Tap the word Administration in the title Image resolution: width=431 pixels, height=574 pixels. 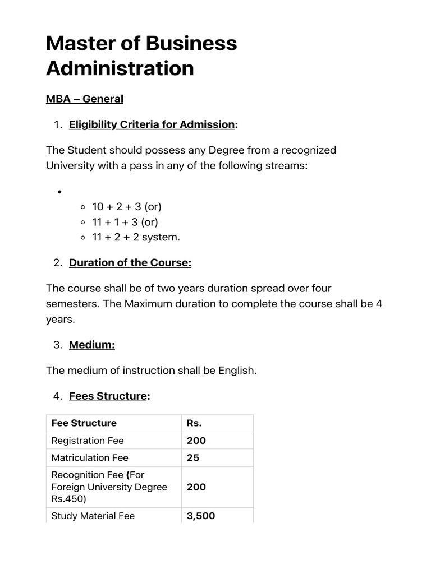tap(120, 68)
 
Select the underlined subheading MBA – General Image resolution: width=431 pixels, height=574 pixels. tap(84, 99)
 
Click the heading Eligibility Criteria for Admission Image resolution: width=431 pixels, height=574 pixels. tap(152, 124)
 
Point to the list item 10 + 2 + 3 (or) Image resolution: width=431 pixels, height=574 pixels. tap(127, 207)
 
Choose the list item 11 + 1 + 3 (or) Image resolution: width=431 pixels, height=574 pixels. tap(126, 222)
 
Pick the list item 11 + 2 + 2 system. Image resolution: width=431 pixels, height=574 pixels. tap(136, 237)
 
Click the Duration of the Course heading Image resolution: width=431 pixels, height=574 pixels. tap(130, 263)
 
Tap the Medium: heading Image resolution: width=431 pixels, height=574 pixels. tap(92, 345)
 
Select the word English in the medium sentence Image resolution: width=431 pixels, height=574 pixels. tap(237, 371)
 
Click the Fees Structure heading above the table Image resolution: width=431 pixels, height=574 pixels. tap(108, 396)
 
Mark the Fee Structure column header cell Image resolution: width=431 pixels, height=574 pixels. tap(84, 423)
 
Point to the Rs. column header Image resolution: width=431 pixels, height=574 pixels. tap(194, 423)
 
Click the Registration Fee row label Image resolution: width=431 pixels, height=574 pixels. tap(88, 441)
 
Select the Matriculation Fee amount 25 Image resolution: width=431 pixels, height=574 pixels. tap(193, 458)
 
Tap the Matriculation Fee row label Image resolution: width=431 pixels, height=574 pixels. tap(90, 458)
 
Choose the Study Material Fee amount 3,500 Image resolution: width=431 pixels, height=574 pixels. tap(201, 516)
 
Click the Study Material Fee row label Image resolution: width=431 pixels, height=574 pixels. tap(93, 516)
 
